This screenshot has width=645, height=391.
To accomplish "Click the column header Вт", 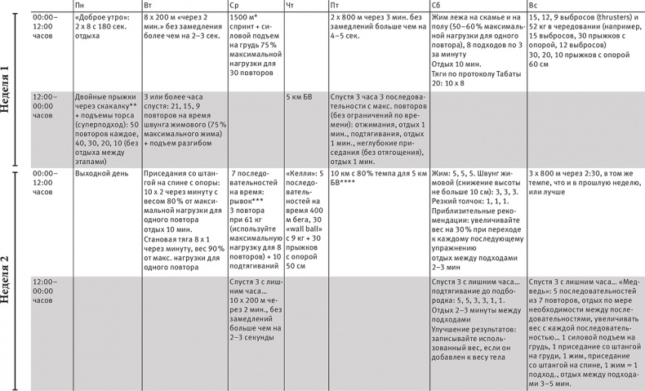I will (x=148, y=6).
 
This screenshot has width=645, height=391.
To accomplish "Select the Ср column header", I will (x=234, y=6).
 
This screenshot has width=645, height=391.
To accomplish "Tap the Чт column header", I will (x=291, y=6).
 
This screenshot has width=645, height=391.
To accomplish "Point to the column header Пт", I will (x=336, y=6).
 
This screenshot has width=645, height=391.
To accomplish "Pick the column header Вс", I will (x=534, y=6).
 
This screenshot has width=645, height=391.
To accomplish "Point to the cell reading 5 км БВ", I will (x=300, y=96).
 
